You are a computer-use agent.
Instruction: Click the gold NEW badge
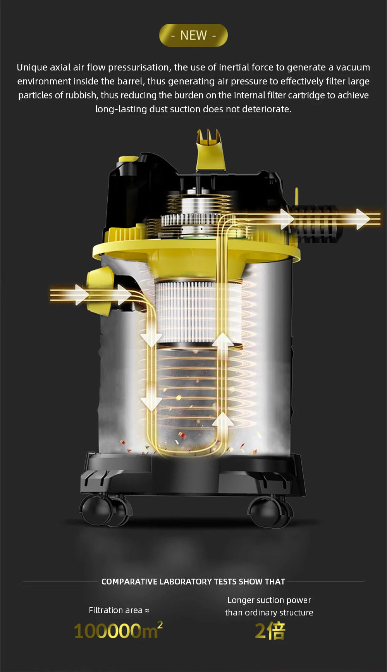tap(193, 35)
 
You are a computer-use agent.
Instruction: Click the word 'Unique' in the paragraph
tap(32, 67)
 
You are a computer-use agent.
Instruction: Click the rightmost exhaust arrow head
tap(363, 219)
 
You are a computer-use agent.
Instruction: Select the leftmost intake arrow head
tap(81, 295)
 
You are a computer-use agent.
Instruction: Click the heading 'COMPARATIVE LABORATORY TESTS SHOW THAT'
tap(193, 581)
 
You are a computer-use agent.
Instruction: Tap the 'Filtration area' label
tap(116, 610)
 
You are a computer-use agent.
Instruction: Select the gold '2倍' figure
tap(270, 631)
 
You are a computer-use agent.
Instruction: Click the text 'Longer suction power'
tap(269, 600)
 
